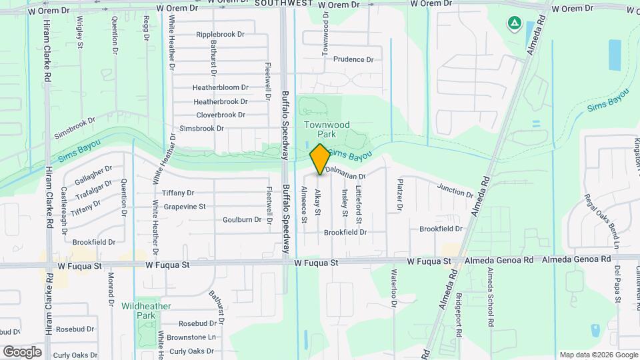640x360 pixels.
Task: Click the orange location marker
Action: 320,159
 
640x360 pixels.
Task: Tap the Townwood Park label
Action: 327,129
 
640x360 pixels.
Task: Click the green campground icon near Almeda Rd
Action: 515,25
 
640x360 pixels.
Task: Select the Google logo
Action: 23,351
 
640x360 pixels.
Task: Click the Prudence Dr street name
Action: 353,59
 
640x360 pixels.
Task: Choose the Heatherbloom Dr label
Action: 220,87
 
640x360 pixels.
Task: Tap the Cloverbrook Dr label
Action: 221,115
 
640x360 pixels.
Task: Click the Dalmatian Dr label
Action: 347,177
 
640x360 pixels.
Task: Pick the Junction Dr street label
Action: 455,190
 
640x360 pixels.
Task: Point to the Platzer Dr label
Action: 400,195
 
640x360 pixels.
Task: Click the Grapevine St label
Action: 185,207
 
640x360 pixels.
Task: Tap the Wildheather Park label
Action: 146,310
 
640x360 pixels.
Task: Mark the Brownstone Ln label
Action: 191,338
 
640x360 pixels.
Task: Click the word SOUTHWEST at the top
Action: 283,3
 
